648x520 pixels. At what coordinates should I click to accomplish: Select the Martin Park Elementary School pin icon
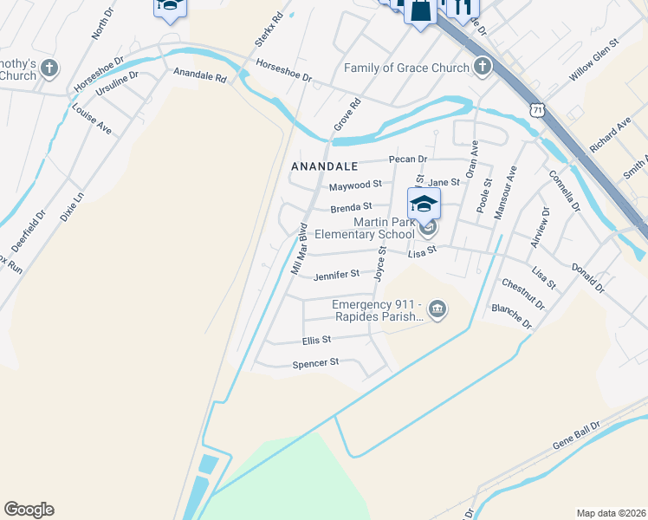coord(424,205)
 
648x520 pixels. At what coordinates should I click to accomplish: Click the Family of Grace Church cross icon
coord(483,67)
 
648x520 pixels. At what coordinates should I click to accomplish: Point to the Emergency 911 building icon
coord(437,309)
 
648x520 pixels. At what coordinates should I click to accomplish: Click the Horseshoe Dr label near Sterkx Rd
coord(284,71)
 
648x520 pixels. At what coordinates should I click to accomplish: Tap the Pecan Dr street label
coord(408,159)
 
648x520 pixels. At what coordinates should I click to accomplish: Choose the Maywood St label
coord(355,185)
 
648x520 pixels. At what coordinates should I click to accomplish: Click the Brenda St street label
coord(351,207)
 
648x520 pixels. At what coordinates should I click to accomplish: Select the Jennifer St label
coord(336,275)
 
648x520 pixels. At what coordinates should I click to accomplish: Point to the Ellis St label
coord(316,341)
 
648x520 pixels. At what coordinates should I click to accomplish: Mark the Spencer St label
coord(315,363)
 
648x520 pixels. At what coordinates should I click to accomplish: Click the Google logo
coord(29,510)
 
